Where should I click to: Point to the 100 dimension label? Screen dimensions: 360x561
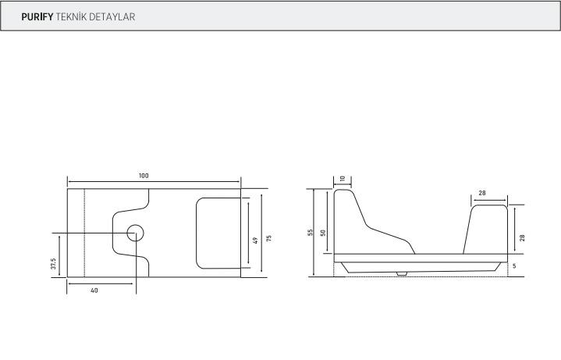144,176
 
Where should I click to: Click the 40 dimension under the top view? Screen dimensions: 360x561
94,290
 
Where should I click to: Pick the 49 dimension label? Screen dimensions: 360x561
255,240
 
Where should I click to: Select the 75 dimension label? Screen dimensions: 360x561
268,238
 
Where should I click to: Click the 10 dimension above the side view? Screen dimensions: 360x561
342,179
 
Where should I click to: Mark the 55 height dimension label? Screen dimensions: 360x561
311,233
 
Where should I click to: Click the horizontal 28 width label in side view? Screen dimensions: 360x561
483,192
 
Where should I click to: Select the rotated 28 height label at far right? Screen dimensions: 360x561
522,237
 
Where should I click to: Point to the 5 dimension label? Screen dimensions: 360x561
515,266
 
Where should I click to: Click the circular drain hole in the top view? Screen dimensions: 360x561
135,233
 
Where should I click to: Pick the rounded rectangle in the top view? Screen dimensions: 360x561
217,233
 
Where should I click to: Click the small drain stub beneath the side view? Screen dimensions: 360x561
401,273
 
